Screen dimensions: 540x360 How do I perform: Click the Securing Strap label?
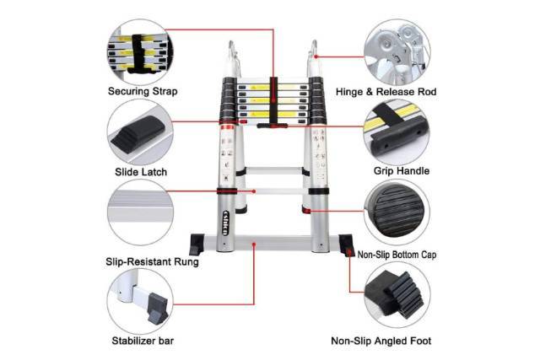143,92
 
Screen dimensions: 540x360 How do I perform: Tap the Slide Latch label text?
141,172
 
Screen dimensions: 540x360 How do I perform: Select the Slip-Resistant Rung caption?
152,262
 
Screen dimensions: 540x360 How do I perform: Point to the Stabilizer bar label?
143,341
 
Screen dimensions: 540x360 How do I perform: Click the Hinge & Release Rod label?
386,92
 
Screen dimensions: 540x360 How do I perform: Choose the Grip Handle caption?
402,171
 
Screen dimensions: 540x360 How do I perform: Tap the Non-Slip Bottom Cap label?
397,255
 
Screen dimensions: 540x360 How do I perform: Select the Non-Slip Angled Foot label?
381,341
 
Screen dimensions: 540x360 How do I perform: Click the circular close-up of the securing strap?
141,52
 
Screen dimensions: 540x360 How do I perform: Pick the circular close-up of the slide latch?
140,133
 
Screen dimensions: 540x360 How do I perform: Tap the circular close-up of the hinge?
397,52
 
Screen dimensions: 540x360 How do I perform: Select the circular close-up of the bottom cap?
397,212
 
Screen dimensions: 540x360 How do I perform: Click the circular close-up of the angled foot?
397,295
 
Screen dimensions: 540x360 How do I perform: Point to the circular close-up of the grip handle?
397,133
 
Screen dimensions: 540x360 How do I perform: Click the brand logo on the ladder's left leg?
225,223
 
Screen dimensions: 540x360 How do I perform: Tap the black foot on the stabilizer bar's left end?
197,244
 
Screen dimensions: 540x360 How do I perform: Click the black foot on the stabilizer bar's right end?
347,245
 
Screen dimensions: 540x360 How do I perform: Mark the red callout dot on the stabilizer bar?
254,244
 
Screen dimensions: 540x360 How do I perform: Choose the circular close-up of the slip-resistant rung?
140,212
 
